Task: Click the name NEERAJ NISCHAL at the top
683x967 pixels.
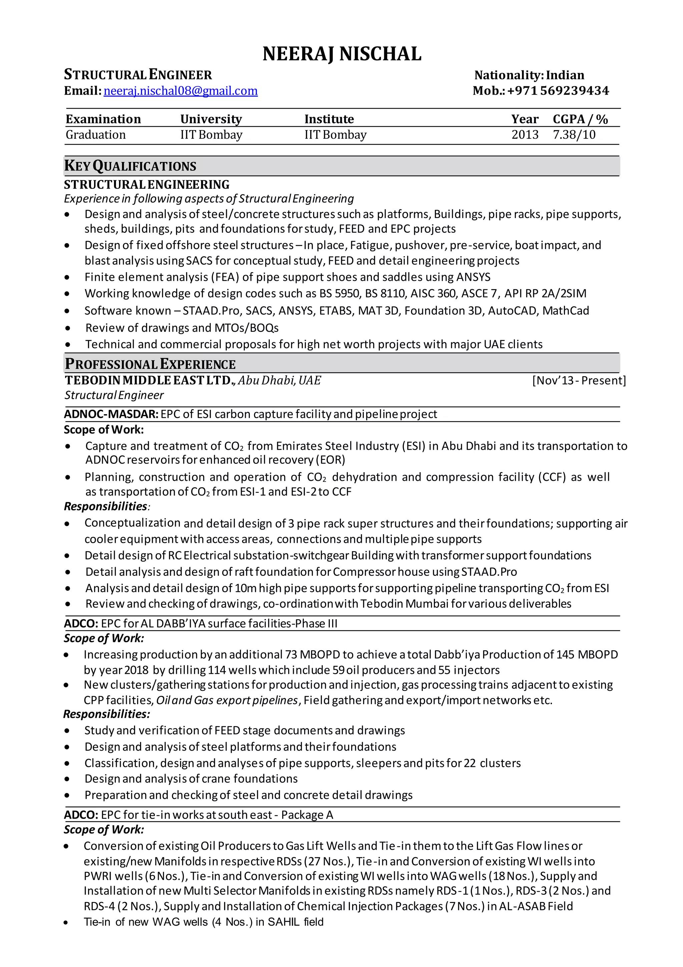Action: (342, 54)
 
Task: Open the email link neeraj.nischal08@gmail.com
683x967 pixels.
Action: (180, 91)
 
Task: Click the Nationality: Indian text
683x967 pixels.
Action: (529, 75)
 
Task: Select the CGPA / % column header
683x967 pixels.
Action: (580, 119)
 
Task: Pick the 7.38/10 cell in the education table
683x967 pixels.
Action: (574, 135)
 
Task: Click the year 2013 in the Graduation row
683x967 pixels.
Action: (525, 135)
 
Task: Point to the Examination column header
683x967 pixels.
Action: (103, 119)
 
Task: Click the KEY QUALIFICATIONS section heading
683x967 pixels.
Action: (130, 166)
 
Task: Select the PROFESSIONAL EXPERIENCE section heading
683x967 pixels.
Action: (150, 364)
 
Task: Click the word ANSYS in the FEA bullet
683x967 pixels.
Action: (473, 277)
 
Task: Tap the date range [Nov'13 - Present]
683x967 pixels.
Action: (579, 380)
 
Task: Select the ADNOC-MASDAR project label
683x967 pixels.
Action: (111, 414)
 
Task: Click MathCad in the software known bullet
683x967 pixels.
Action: (566, 311)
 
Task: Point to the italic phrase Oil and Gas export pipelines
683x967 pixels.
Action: (227, 700)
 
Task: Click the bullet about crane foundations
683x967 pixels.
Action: (191, 778)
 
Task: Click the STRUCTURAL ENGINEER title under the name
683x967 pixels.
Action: (138, 75)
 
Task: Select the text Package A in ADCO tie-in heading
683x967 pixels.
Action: (307, 815)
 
